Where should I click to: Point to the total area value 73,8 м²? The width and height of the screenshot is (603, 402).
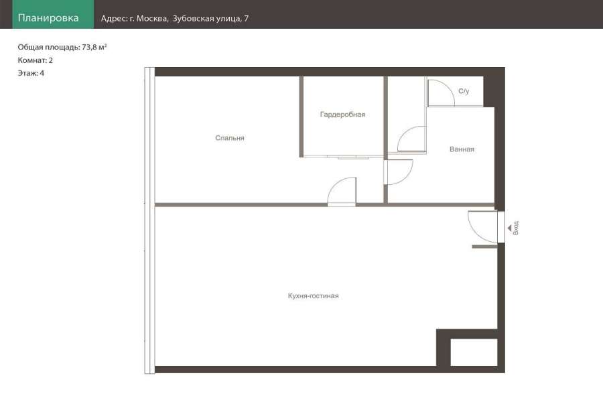coord(94,48)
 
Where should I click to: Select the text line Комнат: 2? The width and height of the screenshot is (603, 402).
coord(35,60)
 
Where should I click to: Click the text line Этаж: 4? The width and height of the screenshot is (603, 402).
coord(31,73)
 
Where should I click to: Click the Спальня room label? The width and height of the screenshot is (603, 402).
coord(230,138)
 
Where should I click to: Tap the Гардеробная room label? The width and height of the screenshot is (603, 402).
coord(342,115)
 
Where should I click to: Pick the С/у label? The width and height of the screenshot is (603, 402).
coord(464,91)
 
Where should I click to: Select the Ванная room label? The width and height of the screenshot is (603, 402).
coord(462,149)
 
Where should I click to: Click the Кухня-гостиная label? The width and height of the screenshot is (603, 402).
coord(313,296)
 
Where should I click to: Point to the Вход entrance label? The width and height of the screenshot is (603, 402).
coord(516,228)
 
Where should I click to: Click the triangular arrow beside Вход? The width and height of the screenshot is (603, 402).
coord(510,228)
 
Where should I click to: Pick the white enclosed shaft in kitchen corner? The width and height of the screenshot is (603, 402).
coord(474,352)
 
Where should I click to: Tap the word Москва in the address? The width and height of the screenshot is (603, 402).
coord(152,19)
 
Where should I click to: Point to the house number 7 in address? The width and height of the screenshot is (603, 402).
coord(246,19)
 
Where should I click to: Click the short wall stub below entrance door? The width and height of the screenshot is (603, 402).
coord(484,247)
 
